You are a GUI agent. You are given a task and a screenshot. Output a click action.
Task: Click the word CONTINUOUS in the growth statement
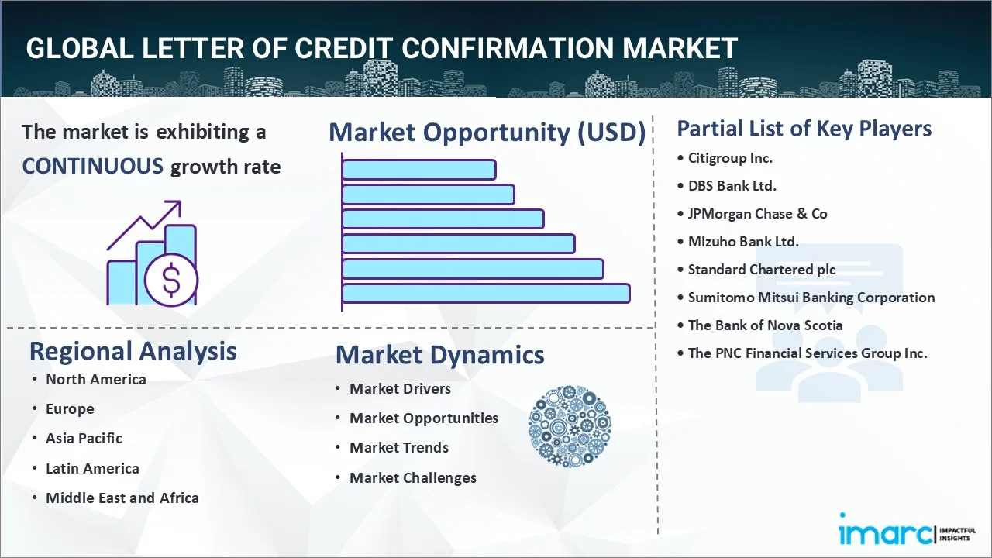pyautogui.click(x=93, y=167)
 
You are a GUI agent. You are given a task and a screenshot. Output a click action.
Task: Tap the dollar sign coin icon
pyautogui.click(x=171, y=281)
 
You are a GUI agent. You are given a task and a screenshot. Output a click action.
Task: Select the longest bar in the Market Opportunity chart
pyautogui.click(x=486, y=294)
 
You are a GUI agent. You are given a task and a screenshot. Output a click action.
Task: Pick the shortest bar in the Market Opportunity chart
pyautogui.click(x=419, y=170)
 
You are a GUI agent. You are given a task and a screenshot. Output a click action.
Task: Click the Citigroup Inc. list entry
pyautogui.click(x=730, y=158)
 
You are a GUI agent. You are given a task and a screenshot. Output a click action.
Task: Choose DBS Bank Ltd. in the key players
pyautogui.click(x=732, y=186)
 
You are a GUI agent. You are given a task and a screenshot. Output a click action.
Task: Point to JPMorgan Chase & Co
pyautogui.click(x=757, y=214)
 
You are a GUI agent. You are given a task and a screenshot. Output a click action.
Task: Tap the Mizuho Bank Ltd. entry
pyautogui.click(x=743, y=242)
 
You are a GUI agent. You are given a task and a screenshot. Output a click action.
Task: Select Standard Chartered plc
pyautogui.click(x=762, y=270)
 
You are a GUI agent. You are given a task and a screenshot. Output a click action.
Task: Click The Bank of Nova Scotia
pyautogui.click(x=765, y=325)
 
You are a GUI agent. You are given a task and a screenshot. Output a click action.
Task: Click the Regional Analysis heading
pyautogui.click(x=133, y=352)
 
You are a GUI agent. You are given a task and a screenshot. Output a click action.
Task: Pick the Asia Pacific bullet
pyautogui.click(x=84, y=439)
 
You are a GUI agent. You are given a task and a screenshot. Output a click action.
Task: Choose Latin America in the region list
pyautogui.click(x=92, y=469)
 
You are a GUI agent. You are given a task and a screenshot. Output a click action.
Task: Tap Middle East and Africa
pyautogui.click(x=122, y=498)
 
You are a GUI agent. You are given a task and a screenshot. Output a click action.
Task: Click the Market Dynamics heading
pyautogui.click(x=439, y=355)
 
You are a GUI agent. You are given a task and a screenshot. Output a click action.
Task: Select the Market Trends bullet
pyautogui.click(x=399, y=448)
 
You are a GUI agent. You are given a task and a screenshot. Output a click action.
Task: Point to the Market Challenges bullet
pyautogui.click(x=413, y=478)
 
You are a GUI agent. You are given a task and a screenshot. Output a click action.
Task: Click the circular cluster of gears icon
pyautogui.click(x=570, y=426)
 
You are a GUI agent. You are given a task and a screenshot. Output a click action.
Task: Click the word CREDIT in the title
pyautogui.click(x=343, y=48)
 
